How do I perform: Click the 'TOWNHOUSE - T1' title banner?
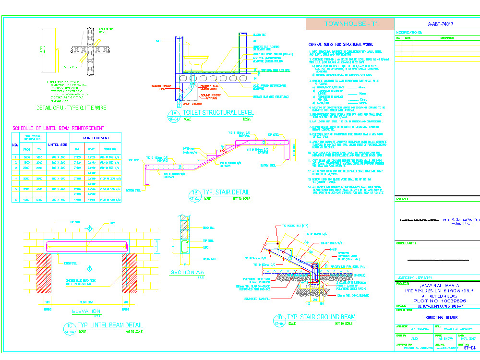[349, 24]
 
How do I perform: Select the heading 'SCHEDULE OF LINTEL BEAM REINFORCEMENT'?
[58, 128]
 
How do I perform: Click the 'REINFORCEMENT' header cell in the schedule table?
[96, 138]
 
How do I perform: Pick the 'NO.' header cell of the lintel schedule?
[15, 144]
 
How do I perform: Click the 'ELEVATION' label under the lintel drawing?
[86, 311]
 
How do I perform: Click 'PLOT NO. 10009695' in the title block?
[436, 300]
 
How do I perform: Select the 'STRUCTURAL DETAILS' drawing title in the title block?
[441, 318]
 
